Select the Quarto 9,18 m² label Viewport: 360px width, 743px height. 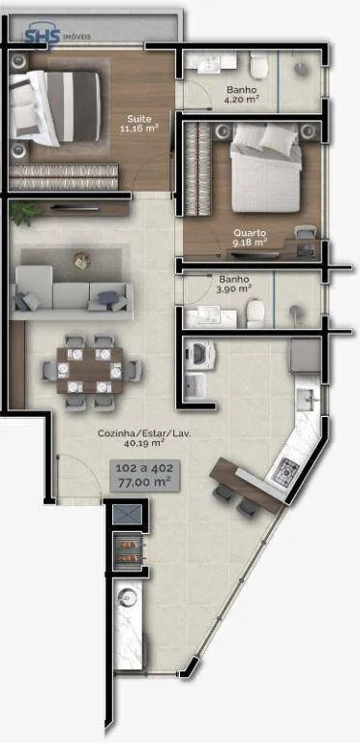(249, 237)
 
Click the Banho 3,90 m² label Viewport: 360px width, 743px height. (235, 283)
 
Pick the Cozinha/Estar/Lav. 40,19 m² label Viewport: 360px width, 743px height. (144, 438)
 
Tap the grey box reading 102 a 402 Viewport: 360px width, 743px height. (144, 476)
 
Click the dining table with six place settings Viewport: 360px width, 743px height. (90, 371)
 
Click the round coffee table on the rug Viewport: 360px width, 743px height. (81, 260)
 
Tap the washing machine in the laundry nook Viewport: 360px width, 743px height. (200, 355)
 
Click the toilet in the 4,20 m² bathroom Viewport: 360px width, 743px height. (259, 67)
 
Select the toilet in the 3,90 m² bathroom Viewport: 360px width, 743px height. (255, 313)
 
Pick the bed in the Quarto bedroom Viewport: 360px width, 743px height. (266, 168)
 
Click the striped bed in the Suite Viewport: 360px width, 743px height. (55, 107)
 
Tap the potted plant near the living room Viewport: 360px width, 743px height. (23, 212)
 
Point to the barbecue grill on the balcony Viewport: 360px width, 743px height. (129, 552)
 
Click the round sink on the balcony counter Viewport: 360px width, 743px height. (128, 597)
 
